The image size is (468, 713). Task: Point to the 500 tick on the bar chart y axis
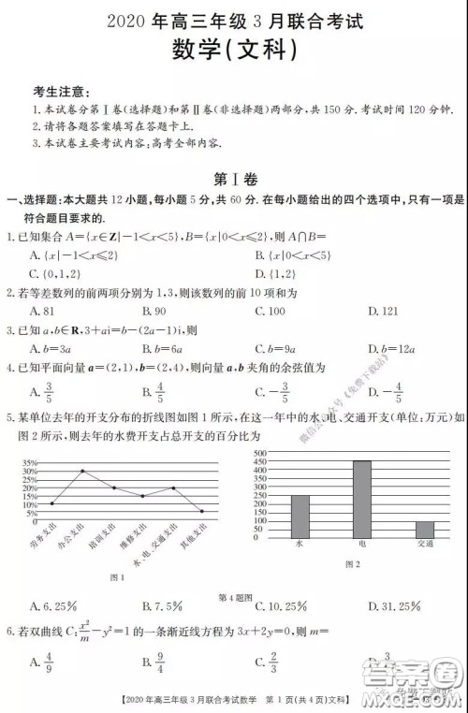(x=260, y=453)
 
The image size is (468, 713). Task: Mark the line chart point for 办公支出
(x=82, y=471)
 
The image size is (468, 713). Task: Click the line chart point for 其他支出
(x=202, y=511)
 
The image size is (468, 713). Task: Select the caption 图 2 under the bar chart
(x=353, y=563)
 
